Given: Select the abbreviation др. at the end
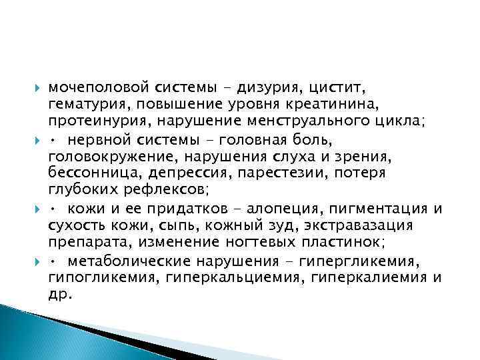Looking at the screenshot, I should point(59,294).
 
